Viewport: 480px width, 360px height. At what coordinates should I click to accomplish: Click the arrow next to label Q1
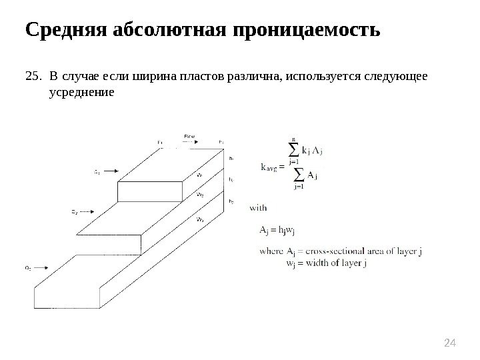click(111, 171)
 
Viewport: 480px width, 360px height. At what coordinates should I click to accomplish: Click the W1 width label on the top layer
click(200, 174)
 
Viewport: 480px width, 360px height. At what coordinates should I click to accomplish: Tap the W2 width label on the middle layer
click(200, 195)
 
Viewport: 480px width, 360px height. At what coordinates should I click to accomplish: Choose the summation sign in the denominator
click(298, 175)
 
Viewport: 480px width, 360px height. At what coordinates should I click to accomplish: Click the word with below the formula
click(258, 207)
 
